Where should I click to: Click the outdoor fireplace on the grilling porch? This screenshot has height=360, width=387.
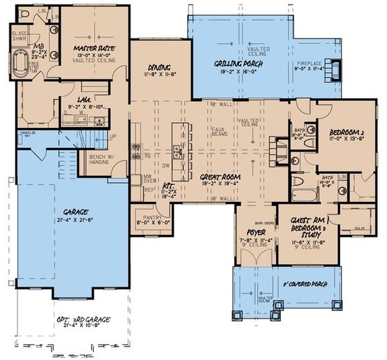336,67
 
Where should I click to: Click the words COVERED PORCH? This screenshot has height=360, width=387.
310,285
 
